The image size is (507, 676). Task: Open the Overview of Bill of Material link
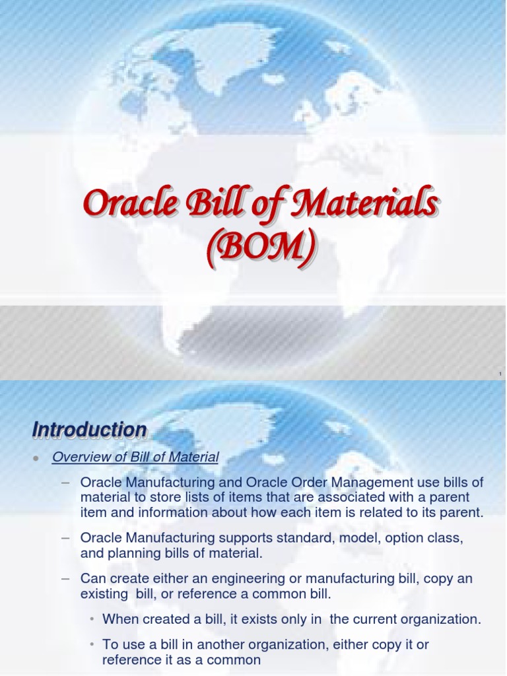click(x=135, y=457)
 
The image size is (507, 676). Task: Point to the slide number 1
click(x=500, y=374)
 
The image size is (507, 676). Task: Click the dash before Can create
click(x=65, y=578)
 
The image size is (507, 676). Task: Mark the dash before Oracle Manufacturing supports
click(x=65, y=539)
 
